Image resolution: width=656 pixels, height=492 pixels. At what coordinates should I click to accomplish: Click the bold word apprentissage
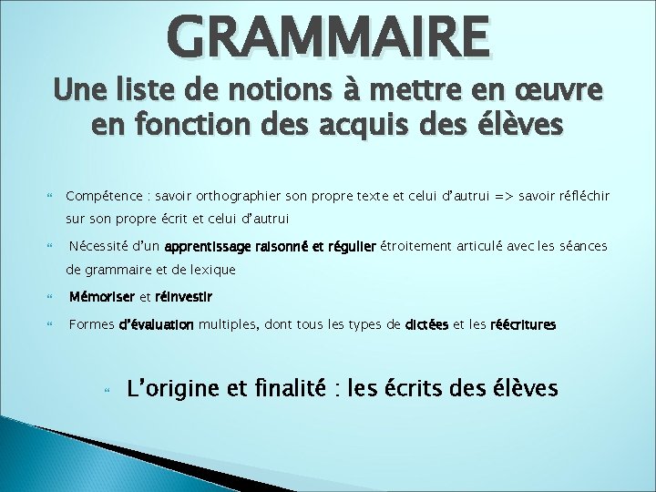coord(212,246)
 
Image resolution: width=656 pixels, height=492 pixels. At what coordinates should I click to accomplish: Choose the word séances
coord(581,246)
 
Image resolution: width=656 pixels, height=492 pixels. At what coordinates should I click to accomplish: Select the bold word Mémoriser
coord(101,297)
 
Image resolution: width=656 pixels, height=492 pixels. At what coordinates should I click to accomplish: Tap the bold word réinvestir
coord(184,297)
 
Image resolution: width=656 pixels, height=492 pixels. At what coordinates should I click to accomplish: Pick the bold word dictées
coord(426,324)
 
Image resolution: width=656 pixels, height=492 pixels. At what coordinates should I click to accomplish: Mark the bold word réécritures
coord(523,324)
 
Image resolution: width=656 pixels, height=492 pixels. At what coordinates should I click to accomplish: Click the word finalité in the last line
coord(290,389)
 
